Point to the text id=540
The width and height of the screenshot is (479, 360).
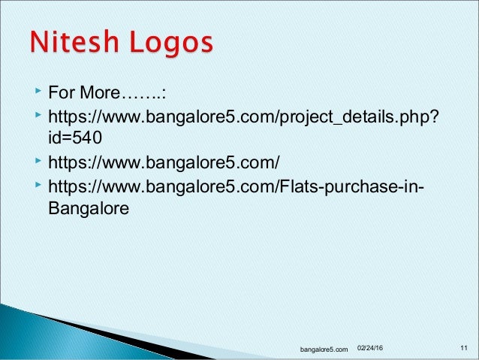73,138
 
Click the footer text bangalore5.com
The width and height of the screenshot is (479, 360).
324,349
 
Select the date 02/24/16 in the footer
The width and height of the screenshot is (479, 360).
369,348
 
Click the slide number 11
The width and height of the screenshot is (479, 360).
463,348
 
